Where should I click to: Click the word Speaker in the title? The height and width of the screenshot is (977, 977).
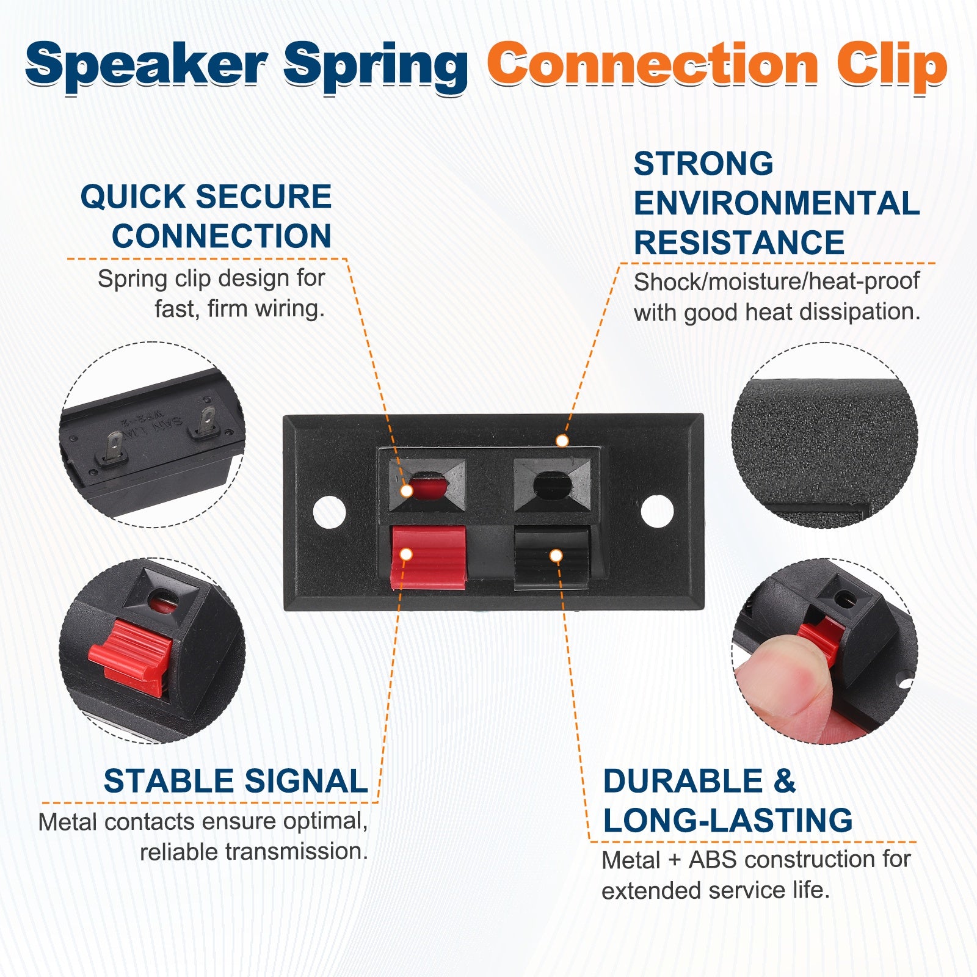click(147, 66)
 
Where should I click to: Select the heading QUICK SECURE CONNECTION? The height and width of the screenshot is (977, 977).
click(206, 216)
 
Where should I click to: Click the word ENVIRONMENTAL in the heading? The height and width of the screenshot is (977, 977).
click(777, 203)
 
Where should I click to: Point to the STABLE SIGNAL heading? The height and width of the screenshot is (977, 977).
click(236, 781)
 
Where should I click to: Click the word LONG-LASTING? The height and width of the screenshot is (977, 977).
click(728, 820)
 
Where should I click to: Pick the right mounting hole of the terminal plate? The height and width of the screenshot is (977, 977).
click(657, 511)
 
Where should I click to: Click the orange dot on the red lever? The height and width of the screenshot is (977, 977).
click(406, 554)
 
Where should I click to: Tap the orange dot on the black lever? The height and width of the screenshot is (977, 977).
click(556, 556)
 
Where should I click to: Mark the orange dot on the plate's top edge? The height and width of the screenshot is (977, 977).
click(562, 440)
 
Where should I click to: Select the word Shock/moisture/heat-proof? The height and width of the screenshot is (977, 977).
click(776, 281)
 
